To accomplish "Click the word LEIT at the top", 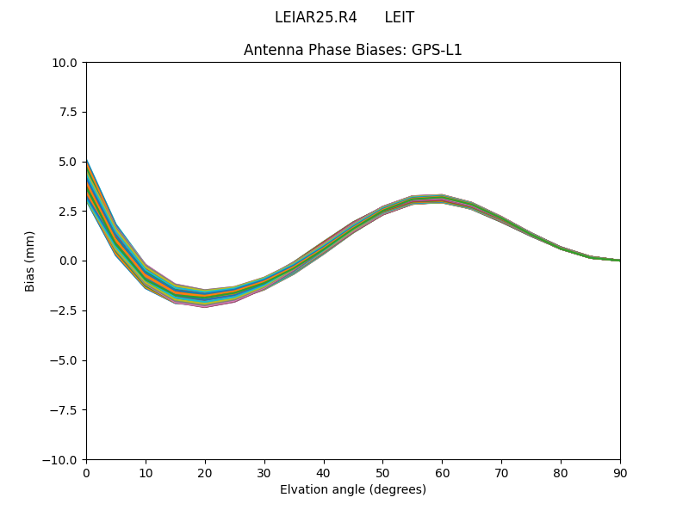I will point(399,17).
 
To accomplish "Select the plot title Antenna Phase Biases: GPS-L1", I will point(352,50).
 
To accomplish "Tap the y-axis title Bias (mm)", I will point(30,261).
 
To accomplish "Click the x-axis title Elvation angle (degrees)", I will point(352,489).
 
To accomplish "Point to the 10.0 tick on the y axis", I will point(65,63).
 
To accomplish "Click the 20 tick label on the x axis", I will point(205,472).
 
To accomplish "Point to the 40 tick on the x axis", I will point(324,472).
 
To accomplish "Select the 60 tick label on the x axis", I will point(442,472).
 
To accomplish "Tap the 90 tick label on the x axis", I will point(619,472).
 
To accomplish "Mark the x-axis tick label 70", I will point(501,472).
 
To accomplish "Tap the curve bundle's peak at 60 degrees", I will point(442,200).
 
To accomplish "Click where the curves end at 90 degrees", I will point(618,261).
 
